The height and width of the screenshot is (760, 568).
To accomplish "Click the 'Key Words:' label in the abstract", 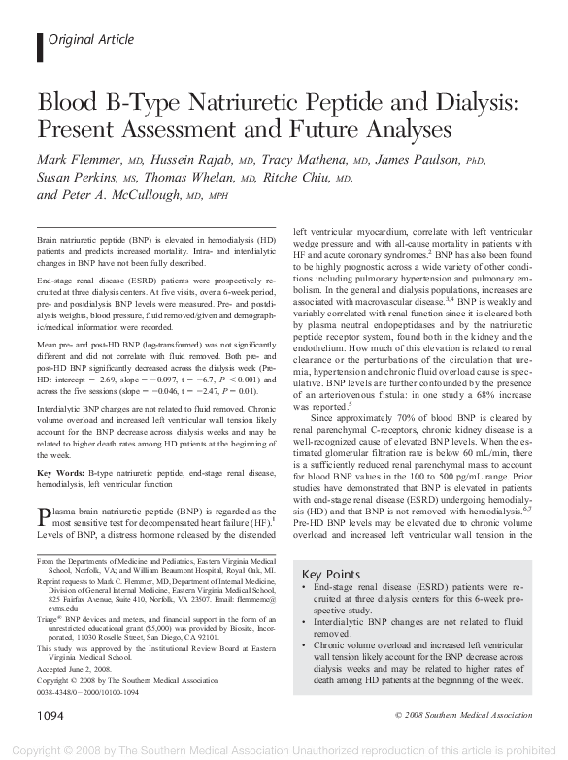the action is coord(60,470).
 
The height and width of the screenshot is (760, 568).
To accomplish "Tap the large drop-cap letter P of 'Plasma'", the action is coord(44,514).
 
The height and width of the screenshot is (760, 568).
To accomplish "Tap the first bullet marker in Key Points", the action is coord(306,589).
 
